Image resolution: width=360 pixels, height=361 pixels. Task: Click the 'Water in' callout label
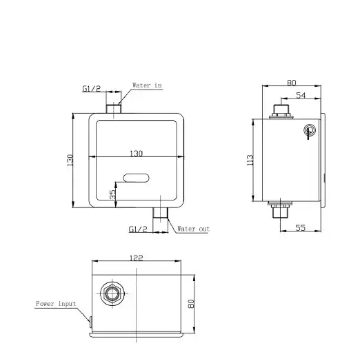pos(147,85)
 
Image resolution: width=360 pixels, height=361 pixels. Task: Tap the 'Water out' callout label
pos(193,229)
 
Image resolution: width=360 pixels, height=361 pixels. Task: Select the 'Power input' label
pos(56,304)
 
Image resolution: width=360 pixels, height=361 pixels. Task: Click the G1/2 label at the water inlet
pos(92,88)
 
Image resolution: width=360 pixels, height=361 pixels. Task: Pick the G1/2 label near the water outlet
pos(138,229)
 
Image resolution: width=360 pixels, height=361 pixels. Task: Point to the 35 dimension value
pos(112,194)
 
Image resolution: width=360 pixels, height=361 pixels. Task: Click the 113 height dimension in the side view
pos(250,160)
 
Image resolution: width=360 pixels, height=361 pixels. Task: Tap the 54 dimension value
pos(301,95)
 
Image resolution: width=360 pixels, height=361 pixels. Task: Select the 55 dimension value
pos(300,228)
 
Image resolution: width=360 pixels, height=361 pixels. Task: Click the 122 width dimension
pos(137,258)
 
